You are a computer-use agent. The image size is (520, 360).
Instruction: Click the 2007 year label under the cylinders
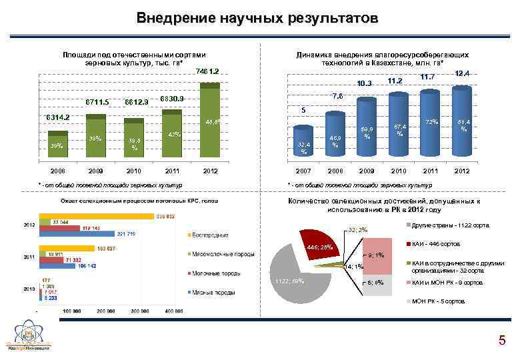click(303, 171)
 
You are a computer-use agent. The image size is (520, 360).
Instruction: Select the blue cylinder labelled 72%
click(431, 133)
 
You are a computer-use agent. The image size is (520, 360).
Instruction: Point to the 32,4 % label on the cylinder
click(303, 147)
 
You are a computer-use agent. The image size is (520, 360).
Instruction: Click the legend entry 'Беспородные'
click(212, 235)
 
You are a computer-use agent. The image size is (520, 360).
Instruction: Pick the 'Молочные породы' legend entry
click(215, 273)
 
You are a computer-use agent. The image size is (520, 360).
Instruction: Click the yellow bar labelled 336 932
click(97, 217)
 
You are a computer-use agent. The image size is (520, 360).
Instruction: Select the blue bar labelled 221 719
click(77, 234)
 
